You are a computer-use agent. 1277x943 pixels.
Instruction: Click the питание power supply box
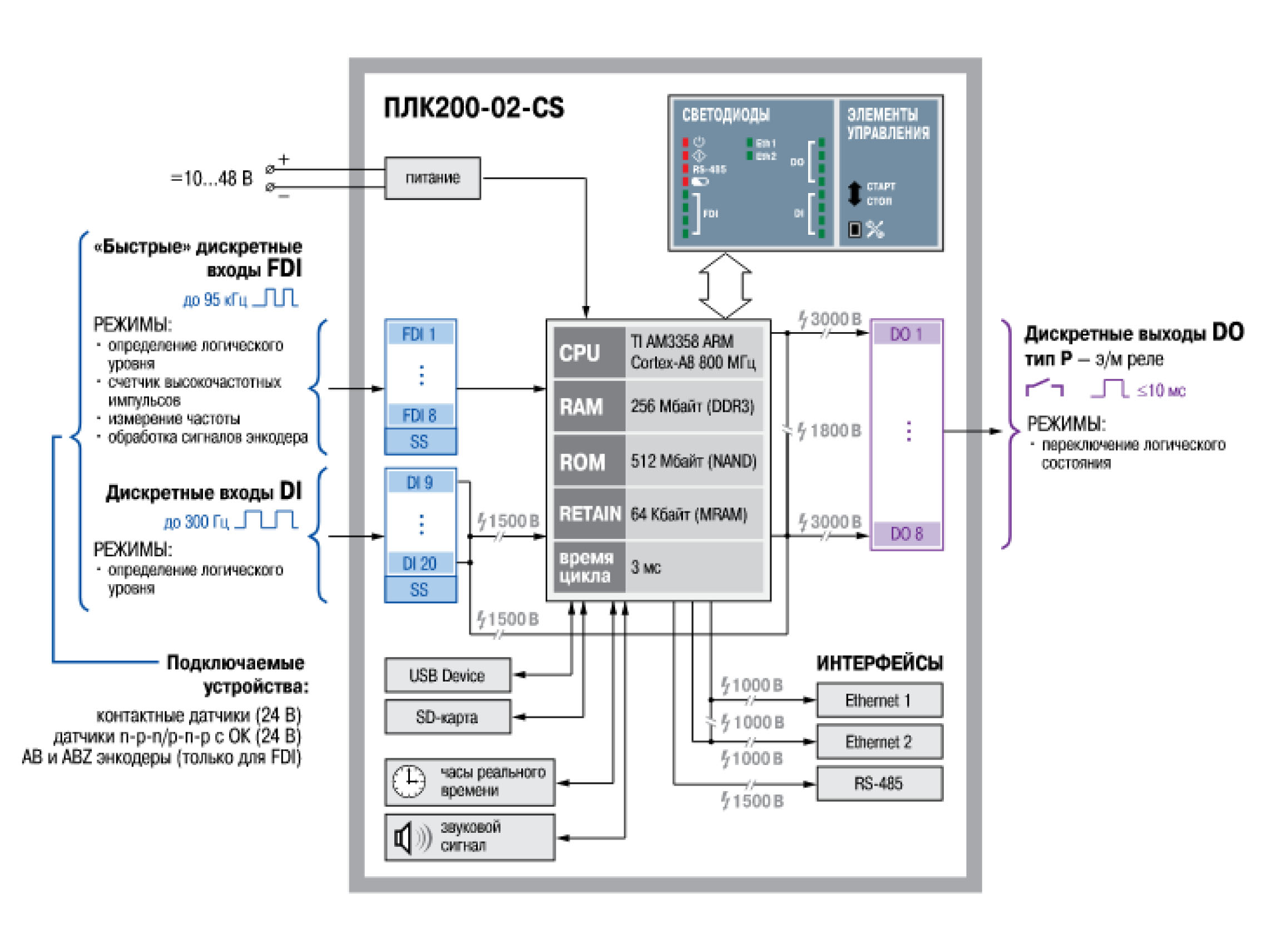pyautogui.click(x=432, y=178)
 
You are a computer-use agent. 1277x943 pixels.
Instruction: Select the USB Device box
pyautogui.click(x=447, y=676)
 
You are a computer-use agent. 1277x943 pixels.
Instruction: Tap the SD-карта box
pyautogui.click(x=447, y=718)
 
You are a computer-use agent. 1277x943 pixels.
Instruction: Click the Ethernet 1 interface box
pyautogui.click(x=879, y=700)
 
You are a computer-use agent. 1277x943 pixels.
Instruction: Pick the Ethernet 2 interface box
pyautogui.click(x=879, y=742)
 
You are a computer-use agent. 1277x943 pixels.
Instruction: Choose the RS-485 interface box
pyautogui.click(x=879, y=784)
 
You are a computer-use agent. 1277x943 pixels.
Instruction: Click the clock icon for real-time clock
pyautogui.click(x=409, y=782)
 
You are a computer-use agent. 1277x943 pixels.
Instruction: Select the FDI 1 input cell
pyautogui.click(x=420, y=334)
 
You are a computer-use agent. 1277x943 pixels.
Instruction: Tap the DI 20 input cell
pyautogui.click(x=420, y=564)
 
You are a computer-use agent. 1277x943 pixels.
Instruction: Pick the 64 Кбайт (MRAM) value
pyautogui.click(x=689, y=515)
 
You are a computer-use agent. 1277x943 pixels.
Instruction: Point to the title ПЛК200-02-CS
pyautogui.click(x=474, y=108)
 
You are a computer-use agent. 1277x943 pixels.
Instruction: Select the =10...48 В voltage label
pyautogui.click(x=211, y=179)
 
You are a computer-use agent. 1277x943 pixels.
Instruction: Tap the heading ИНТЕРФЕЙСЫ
pyautogui.click(x=879, y=663)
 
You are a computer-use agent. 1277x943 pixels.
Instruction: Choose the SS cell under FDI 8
pyautogui.click(x=420, y=442)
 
